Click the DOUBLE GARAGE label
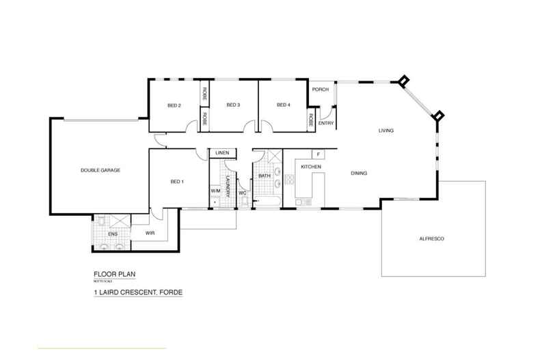click(100, 169)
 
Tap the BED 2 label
click(174, 105)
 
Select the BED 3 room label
click(233, 105)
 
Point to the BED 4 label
click(284, 105)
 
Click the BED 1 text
click(176, 182)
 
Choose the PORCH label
click(320, 89)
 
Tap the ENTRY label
click(325, 124)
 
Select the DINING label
click(359, 174)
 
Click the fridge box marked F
click(318, 154)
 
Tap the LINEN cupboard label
click(222, 153)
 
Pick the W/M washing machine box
click(215, 190)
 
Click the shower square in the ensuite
click(117, 222)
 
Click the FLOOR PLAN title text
click(114, 274)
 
